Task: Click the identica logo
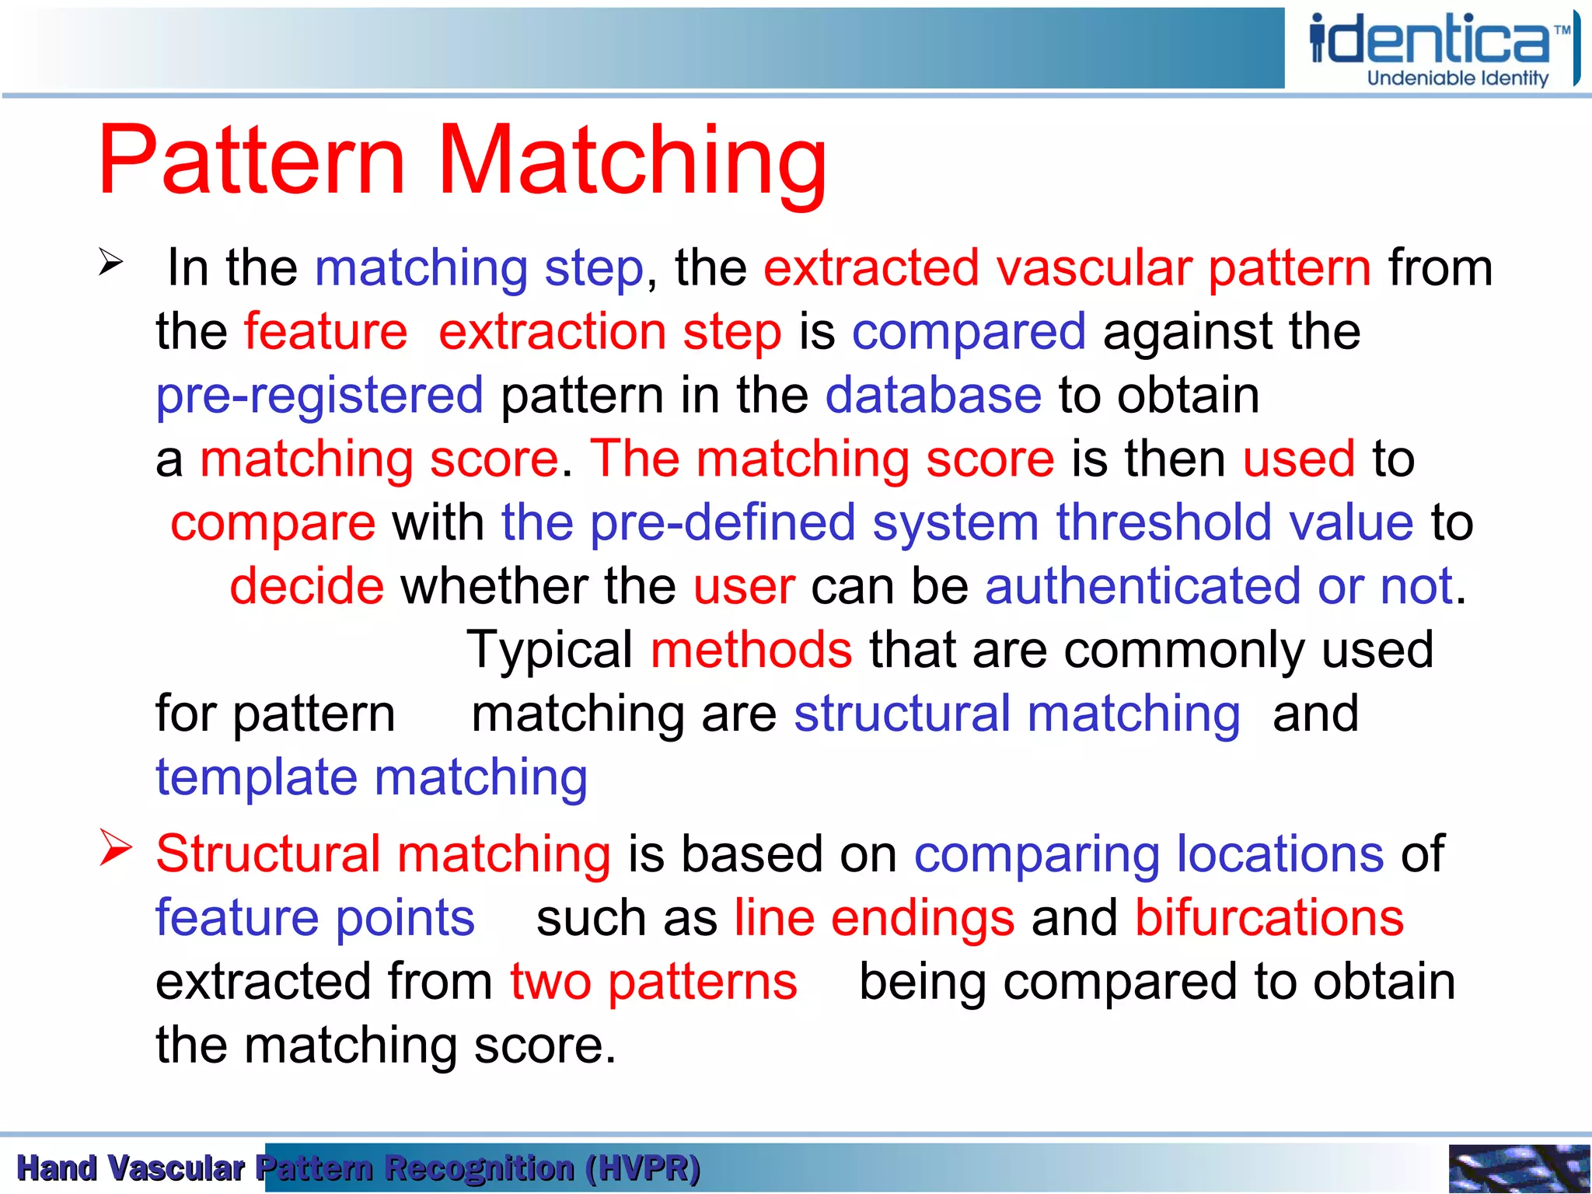tap(1438, 39)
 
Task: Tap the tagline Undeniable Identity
tap(1458, 79)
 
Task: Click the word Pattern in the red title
tap(253, 161)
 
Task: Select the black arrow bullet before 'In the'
tap(111, 263)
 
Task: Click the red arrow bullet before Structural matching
tap(116, 848)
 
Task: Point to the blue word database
tap(933, 396)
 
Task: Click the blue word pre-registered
tap(319, 396)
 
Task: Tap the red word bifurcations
tap(1269, 918)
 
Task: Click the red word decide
tap(307, 586)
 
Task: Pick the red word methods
tap(751, 650)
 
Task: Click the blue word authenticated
tap(1143, 586)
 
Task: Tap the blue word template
tap(257, 778)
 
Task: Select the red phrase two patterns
tap(654, 982)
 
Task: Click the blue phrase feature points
tap(315, 918)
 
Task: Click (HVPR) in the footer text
tap(643, 1168)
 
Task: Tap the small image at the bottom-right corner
tap(1519, 1168)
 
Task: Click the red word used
tap(1298, 459)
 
